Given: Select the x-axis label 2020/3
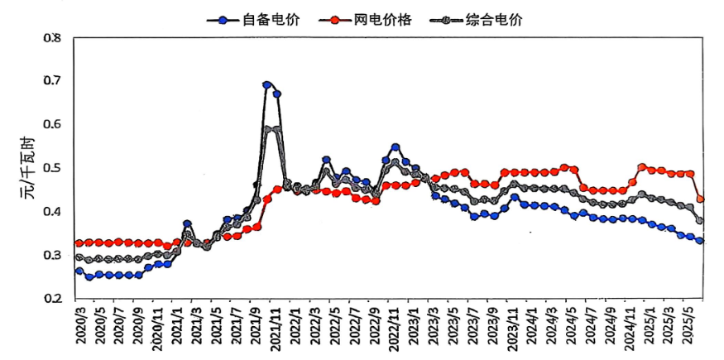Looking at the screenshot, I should coord(79,329).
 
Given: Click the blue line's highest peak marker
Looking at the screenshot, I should coord(267,84).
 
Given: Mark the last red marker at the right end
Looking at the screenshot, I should coord(700,199).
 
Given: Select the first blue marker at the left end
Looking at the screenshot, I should coord(79,271).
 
